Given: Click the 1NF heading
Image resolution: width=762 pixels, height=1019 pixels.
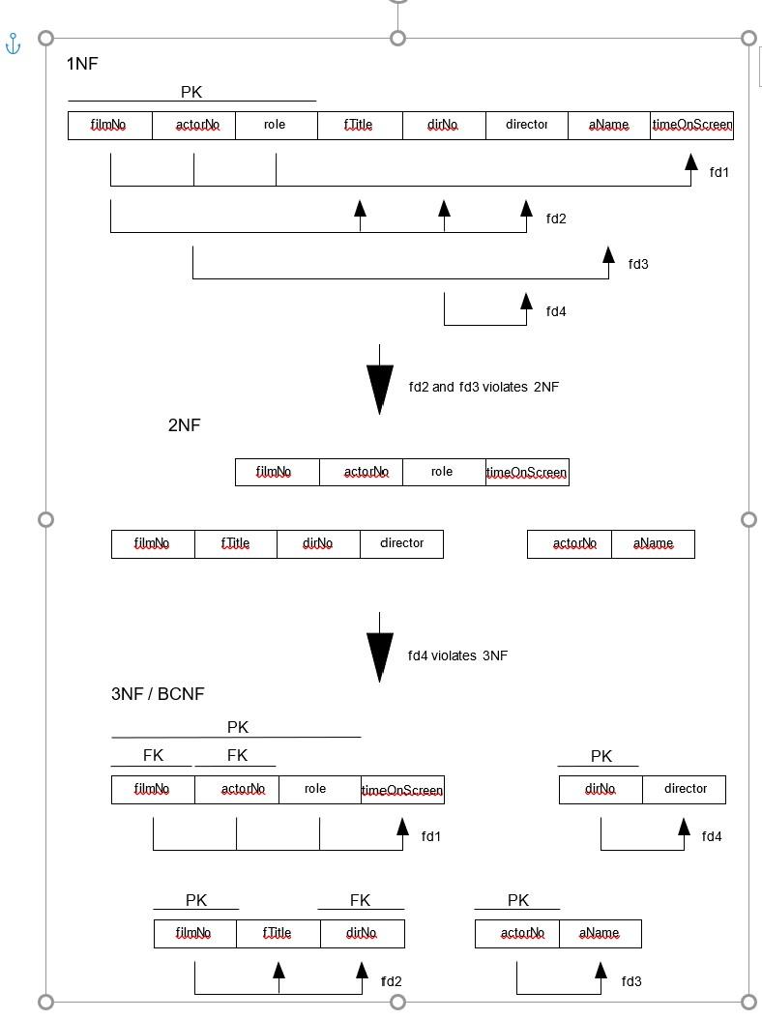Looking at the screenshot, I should tap(82, 64).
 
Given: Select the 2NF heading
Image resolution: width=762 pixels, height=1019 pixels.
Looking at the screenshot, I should tap(184, 425).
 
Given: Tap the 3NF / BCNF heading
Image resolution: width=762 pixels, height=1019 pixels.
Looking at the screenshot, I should tap(158, 694).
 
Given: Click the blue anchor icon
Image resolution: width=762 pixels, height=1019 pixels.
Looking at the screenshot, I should tap(14, 44).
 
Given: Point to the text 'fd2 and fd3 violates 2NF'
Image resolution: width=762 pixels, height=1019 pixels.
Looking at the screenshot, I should tap(484, 387).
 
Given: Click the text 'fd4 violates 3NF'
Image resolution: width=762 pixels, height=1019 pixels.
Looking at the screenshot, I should tap(457, 655).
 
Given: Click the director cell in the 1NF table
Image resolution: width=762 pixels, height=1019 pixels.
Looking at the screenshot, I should tap(527, 125).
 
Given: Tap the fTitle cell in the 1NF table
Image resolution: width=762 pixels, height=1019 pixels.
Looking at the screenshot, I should tap(359, 126).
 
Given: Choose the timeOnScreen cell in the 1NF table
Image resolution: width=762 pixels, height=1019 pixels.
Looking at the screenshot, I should tap(692, 126).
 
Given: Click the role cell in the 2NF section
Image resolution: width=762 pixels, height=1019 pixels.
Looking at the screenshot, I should tap(442, 472).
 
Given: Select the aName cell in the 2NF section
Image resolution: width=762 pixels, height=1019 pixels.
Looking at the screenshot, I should tap(653, 544).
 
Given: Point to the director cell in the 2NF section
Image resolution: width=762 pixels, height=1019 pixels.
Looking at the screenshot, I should tap(401, 543).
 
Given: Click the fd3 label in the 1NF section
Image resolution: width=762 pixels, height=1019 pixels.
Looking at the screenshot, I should tap(638, 264).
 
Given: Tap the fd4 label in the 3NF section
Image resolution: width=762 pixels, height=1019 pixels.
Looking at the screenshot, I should tap(712, 836).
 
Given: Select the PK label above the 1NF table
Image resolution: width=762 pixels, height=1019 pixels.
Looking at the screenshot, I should tap(191, 92).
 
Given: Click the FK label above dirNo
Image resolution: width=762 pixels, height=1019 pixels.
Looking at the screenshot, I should tap(360, 900).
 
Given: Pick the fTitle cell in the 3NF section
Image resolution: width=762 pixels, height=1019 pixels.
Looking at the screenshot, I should tap(277, 934).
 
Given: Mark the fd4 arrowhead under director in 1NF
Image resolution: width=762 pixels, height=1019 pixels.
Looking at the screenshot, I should tap(526, 301).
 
